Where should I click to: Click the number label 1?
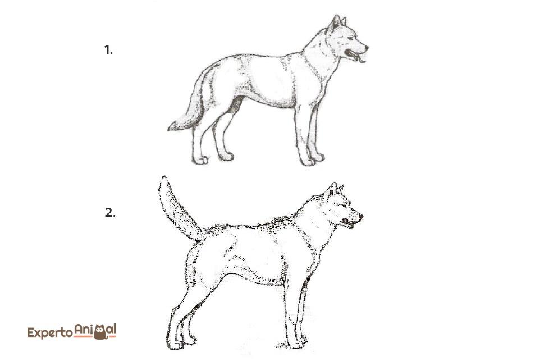pos(108,50)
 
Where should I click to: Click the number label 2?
pos(110,212)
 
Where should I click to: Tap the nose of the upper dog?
pos(366,47)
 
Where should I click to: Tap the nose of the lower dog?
pos(360,216)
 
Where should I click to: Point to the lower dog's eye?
pos(345,206)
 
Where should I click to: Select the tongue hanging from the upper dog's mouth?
pos(359,60)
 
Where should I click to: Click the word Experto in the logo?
pos(50,333)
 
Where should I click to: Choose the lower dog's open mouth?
pos(349,222)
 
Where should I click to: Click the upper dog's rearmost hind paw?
pos(200,160)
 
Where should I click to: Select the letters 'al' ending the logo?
pos(112,330)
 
